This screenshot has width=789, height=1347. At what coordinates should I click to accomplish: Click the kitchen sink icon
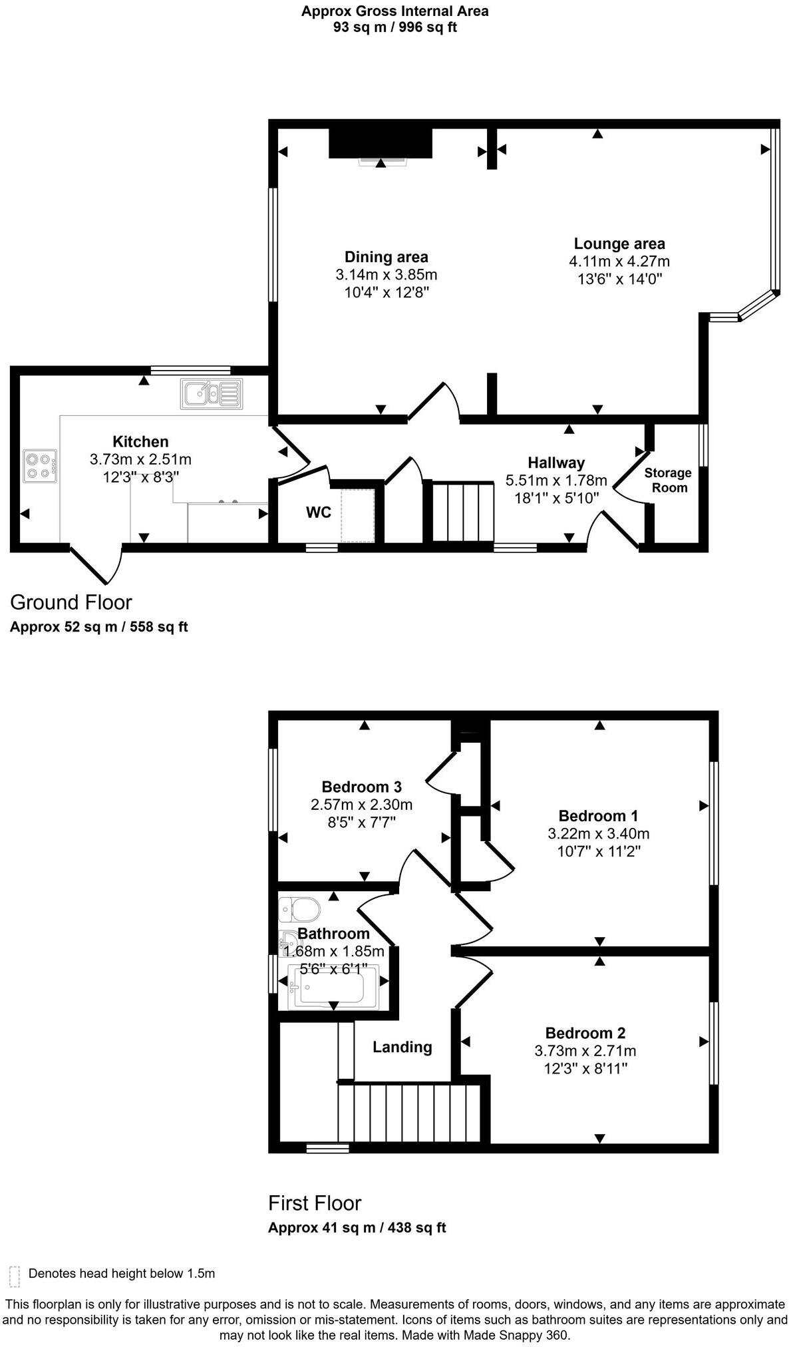[211, 394]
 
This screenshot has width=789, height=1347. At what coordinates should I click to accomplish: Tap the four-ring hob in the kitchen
[40, 466]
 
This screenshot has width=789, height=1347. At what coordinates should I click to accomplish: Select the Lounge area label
[619, 244]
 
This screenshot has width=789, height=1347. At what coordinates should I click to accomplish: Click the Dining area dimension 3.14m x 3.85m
[386, 275]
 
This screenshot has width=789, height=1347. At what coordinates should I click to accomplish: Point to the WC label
[318, 512]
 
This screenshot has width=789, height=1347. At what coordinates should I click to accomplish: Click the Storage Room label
[668, 480]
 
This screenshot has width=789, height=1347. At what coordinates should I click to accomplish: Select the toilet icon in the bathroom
[299, 908]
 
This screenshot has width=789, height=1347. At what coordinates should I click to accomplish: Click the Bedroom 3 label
[361, 787]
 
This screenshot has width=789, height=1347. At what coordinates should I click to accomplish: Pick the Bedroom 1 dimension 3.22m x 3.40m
[598, 833]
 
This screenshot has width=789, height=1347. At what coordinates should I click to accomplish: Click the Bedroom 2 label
[585, 1033]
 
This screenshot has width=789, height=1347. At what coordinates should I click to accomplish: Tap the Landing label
[402, 1047]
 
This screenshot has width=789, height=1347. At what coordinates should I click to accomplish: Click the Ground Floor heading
[71, 602]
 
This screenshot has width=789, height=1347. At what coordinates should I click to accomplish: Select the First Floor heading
[314, 1203]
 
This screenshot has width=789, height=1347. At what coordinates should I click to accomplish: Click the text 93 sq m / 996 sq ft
[394, 27]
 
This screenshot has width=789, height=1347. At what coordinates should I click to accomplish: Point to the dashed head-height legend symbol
[15, 1276]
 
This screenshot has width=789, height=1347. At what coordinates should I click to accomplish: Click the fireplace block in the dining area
[381, 143]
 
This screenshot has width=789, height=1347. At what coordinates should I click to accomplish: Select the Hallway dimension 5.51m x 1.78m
[555, 481]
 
